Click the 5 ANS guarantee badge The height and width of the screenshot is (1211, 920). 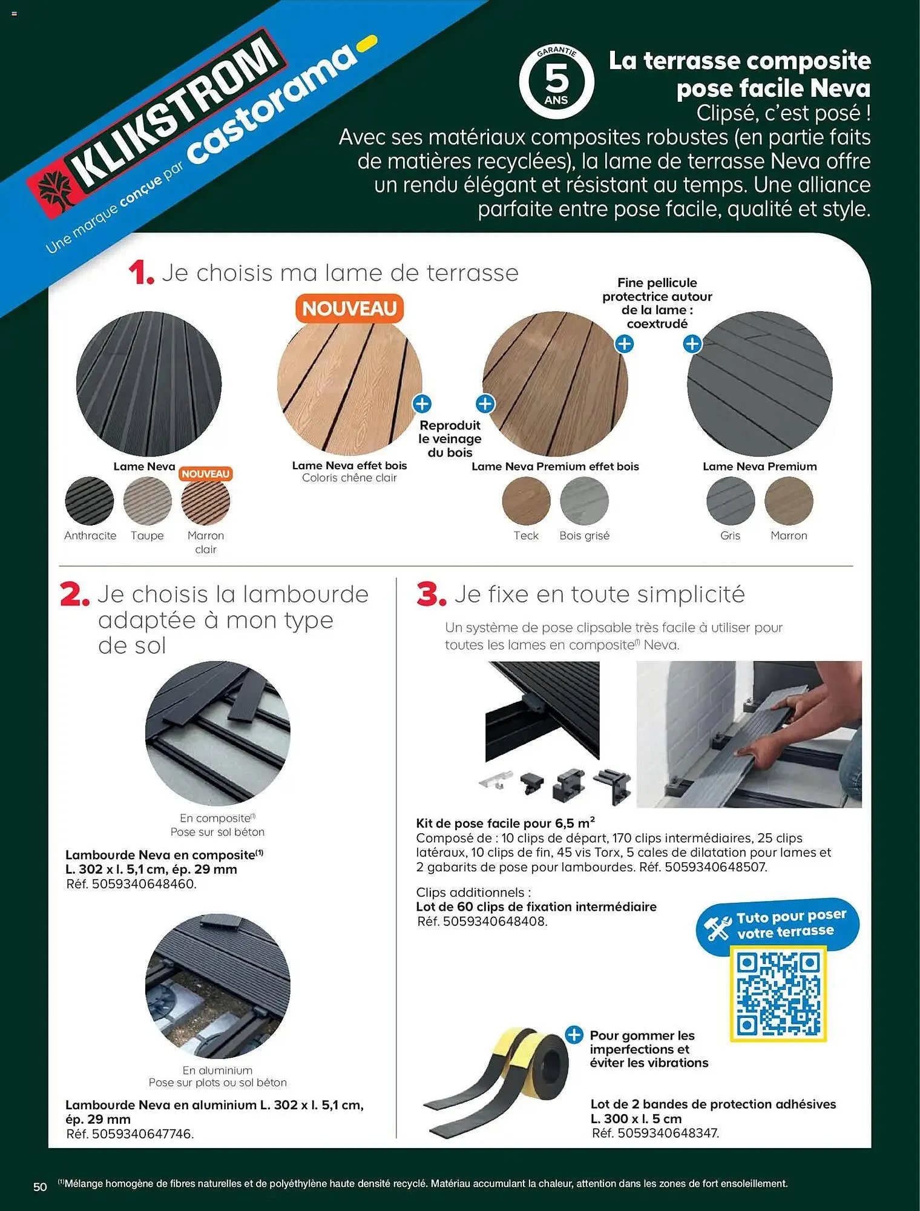[x=556, y=81]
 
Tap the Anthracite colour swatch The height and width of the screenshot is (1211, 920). [x=90, y=501]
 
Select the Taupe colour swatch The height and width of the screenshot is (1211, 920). [x=147, y=501]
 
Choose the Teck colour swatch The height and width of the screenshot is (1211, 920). [x=526, y=501]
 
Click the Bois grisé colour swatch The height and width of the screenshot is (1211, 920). [x=584, y=501]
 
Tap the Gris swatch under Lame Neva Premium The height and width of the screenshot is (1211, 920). [x=731, y=501]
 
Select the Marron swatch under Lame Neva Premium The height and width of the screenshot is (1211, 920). [x=789, y=501]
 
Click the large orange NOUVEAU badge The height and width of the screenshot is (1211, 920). [x=349, y=309]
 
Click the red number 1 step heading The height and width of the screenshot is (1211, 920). [x=140, y=273]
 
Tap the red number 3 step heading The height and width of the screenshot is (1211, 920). [x=430, y=595]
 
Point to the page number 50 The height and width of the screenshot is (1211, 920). [x=40, y=1187]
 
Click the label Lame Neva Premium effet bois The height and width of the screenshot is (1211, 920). [x=555, y=466]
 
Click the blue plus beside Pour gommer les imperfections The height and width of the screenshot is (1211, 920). [x=574, y=1035]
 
